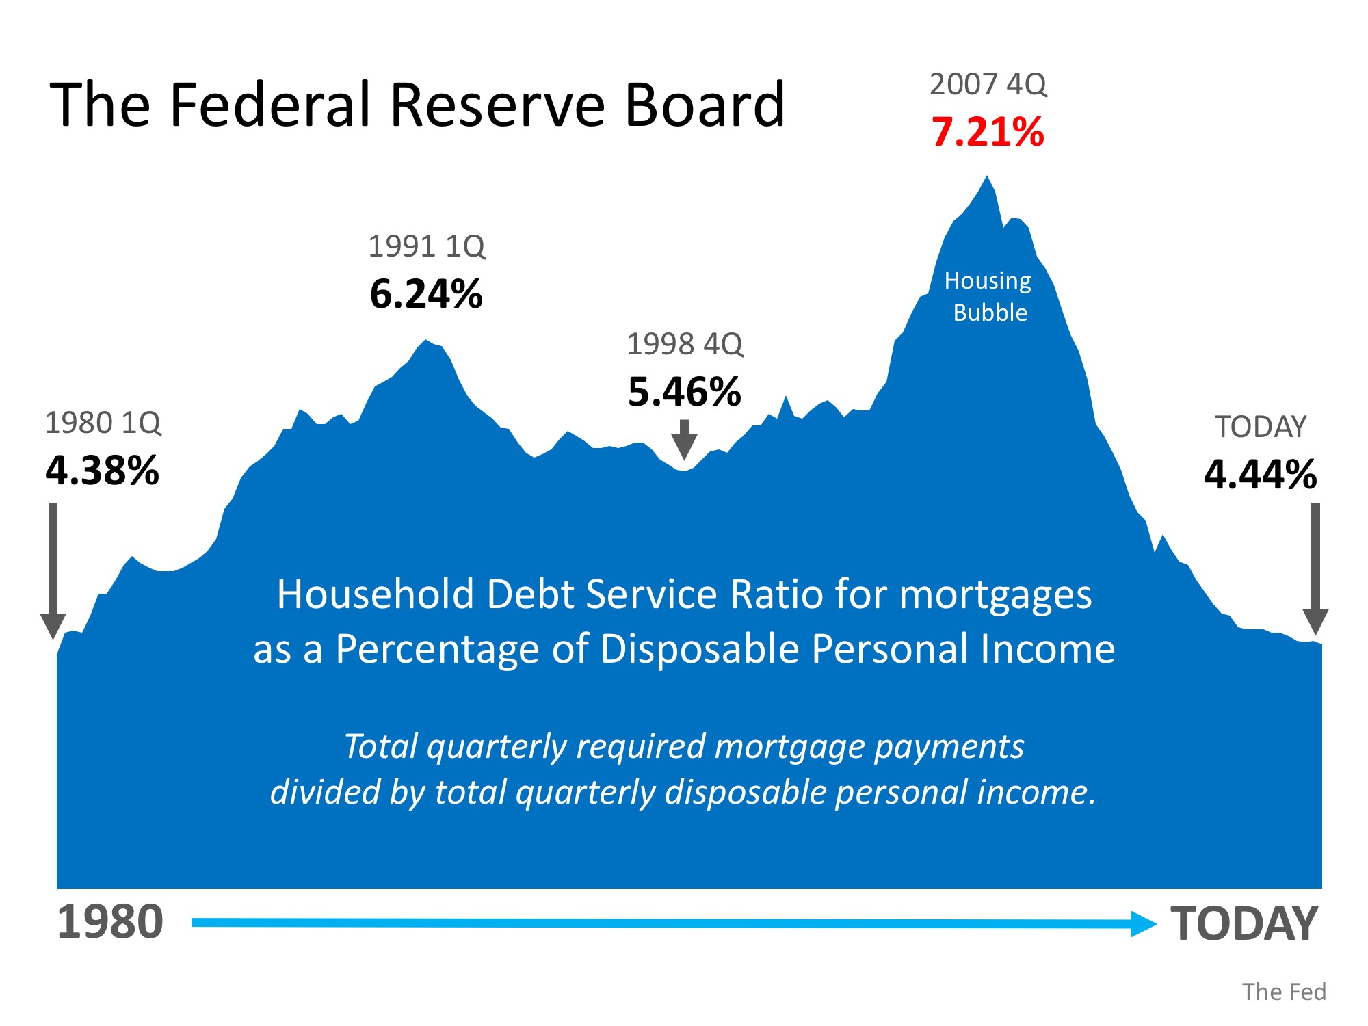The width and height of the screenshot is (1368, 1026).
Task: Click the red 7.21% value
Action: tap(988, 132)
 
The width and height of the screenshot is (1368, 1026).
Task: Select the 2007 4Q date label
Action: tap(988, 85)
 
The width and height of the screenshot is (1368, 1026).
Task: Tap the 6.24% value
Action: tap(426, 294)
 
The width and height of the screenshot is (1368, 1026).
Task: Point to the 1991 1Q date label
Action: tap(427, 246)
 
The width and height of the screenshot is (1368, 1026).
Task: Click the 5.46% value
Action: tap(685, 392)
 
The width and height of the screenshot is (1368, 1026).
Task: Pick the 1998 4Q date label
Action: tap(685, 344)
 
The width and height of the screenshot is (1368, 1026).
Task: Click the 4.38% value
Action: tap(103, 471)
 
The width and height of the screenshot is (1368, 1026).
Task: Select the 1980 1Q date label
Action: tap(103, 423)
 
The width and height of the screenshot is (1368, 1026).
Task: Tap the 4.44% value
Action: tap(1261, 475)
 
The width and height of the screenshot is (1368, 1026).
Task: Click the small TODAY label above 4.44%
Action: tap(1261, 427)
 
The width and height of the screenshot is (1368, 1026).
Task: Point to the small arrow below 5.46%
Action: tap(684, 439)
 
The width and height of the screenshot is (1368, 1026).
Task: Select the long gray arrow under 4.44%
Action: tap(1315, 568)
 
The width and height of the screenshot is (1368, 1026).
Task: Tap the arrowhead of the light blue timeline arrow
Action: tap(1142, 923)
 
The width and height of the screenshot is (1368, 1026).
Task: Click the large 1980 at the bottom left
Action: tap(110, 922)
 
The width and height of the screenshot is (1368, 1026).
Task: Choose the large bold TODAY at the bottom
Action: tap(1244, 923)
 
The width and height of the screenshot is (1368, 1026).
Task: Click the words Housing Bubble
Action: tap(988, 296)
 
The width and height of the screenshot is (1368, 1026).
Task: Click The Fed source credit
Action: tap(1284, 992)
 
